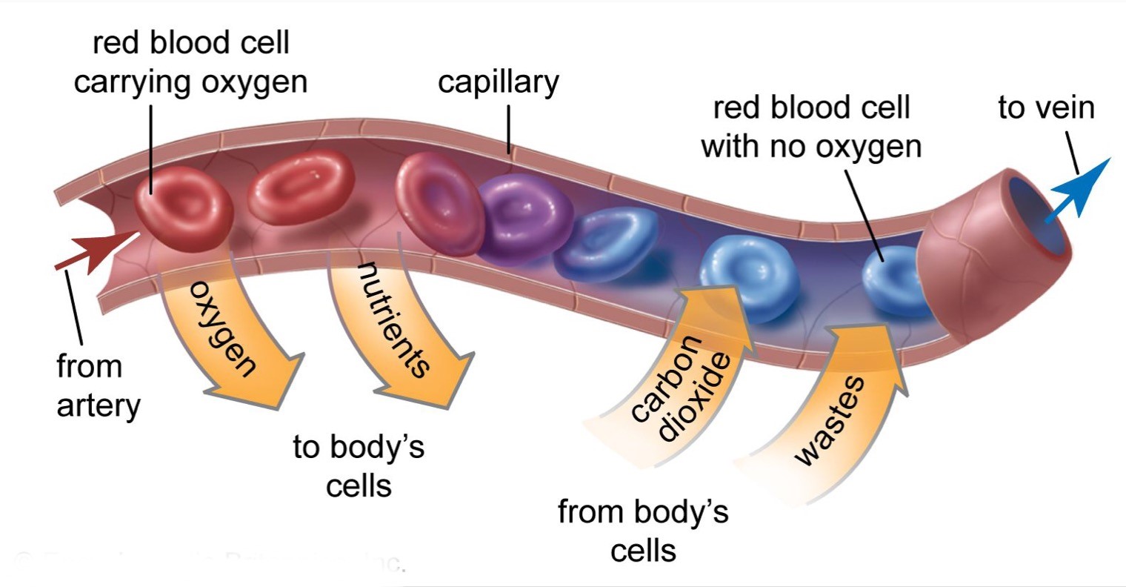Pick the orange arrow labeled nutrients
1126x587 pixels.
(x=400, y=334)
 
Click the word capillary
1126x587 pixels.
(x=499, y=82)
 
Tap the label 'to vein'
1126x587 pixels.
(x=1046, y=107)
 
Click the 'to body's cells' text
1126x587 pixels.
(x=359, y=467)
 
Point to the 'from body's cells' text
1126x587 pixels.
(x=643, y=531)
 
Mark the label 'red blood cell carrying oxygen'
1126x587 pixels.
(x=190, y=62)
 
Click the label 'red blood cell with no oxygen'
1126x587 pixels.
(x=811, y=127)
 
